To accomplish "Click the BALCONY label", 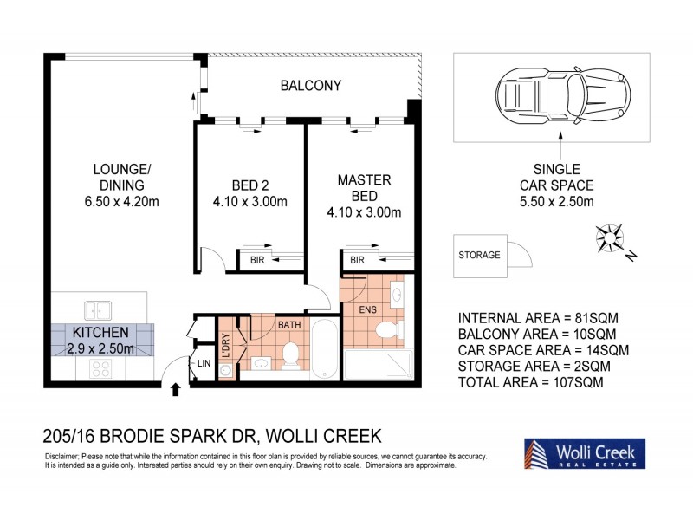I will click(310, 86).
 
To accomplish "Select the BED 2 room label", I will click(249, 185).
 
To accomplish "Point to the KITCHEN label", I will click(100, 333).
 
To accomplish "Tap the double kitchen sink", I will click(97, 308).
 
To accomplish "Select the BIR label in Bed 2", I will click(257, 260).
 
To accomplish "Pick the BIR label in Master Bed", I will click(356, 260).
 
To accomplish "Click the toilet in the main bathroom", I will click(290, 354).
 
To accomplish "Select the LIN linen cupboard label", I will click(204, 363).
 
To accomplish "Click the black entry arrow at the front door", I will click(176, 389).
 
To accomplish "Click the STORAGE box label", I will click(479, 255).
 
